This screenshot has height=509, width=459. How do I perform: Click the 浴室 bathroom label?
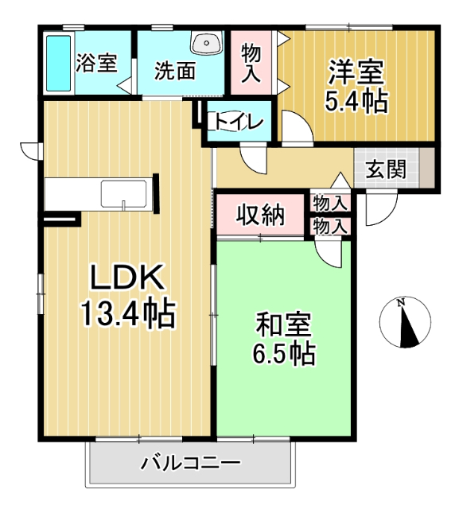click(x=97, y=64)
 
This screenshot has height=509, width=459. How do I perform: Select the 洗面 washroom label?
click(x=175, y=71)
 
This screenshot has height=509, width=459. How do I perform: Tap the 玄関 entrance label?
click(x=387, y=169)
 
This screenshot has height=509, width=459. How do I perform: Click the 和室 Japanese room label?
click(x=283, y=325)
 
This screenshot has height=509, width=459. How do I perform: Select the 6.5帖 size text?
click(x=283, y=353)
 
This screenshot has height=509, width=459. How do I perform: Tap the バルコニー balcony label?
click(x=191, y=462)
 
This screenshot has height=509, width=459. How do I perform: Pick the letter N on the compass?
click(x=402, y=302)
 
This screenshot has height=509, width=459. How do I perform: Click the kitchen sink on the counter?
click(x=123, y=193)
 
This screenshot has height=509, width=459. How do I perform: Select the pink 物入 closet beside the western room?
click(x=251, y=62)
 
